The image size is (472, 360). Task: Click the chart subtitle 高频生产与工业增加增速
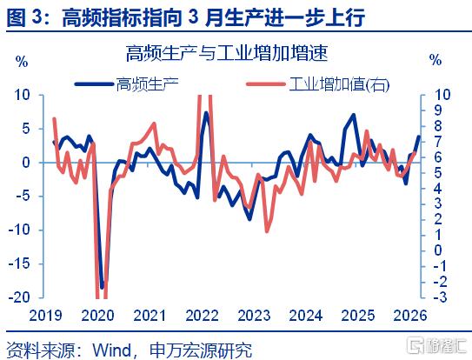[x=226, y=53]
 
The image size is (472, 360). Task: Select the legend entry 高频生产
[x=126, y=84]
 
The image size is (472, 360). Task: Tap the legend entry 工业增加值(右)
[x=318, y=84]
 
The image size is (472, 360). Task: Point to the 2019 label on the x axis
[x=45, y=316]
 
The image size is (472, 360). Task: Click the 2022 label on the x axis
[x=202, y=316]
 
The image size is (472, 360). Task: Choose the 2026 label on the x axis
[x=410, y=316]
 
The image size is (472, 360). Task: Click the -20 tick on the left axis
[x=20, y=297]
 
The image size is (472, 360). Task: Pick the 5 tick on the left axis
[x=26, y=129]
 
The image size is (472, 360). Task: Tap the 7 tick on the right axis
[x=438, y=141]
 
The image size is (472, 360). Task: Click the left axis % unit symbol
[x=22, y=62]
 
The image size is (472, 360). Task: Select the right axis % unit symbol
[x=435, y=60]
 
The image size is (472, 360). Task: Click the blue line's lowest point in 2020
[x=102, y=287]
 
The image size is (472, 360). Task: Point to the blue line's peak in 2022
[x=206, y=114]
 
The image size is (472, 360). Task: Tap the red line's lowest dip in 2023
[x=267, y=230]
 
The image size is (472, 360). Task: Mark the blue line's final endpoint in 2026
[x=419, y=137]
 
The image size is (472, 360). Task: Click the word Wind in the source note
[x=111, y=350]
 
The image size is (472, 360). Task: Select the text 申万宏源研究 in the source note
[x=201, y=350]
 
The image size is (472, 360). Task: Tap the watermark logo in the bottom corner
[x=436, y=346]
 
